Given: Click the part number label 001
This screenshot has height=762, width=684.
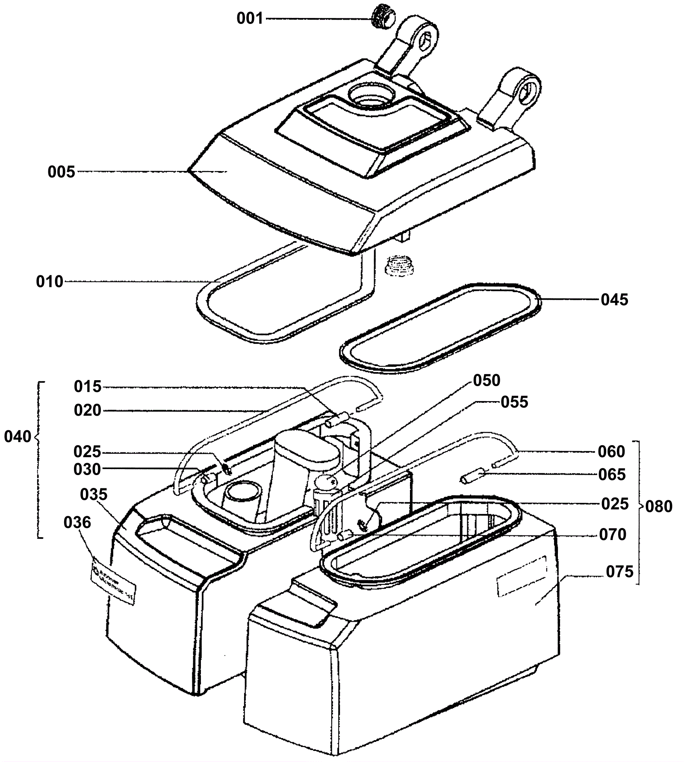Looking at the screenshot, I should click(250, 19).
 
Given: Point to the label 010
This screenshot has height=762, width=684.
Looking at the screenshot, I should click(50, 282).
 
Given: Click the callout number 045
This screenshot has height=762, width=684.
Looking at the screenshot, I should click(614, 300).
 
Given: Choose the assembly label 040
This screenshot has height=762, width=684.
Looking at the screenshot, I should click(18, 437).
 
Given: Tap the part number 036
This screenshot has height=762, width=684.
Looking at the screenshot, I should click(77, 522).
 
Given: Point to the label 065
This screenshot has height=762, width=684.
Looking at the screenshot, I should click(612, 475).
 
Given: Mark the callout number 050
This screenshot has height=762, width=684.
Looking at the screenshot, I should click(486, 380).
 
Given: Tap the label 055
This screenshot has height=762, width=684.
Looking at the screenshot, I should click(514, 402).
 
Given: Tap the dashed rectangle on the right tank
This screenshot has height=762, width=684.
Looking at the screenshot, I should click(522, 576).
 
